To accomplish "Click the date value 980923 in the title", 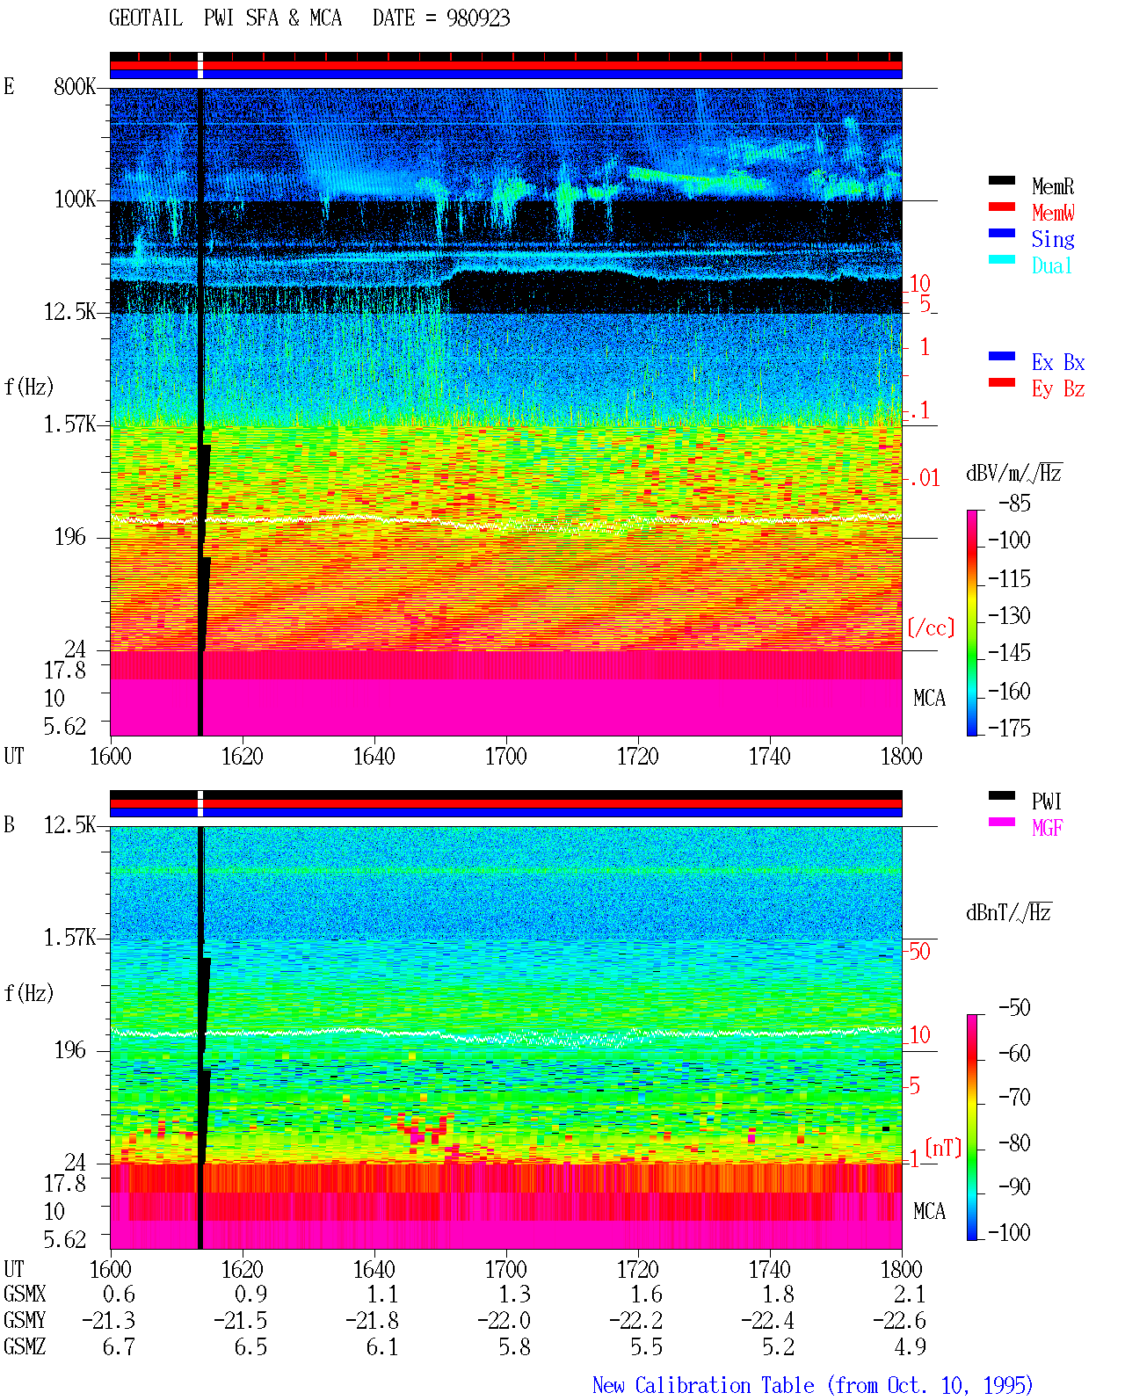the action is (477, 18).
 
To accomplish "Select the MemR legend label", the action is (1053, 186).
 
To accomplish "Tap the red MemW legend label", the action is (1053, 213).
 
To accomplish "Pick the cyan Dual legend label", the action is (1052, 265).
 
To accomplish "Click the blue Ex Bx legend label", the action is (1058, 362).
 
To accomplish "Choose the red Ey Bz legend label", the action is (1058, 389).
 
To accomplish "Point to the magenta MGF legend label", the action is (1047, 828).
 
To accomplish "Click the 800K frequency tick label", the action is (75, 86).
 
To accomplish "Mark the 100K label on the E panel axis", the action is (75, 199).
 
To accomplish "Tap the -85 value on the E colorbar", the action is (1015, 504).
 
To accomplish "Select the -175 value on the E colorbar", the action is (1009, 728).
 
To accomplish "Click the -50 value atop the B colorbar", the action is (1015, 1008).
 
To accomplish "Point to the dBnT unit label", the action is (1008, 912).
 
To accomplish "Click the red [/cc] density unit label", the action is (931, 627).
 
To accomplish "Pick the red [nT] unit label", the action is (943, 1148).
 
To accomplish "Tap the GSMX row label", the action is (25, 1295).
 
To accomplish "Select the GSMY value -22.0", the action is (504, 1321).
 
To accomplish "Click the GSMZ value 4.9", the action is (910, 1346).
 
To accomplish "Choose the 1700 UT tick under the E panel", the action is (505, 757).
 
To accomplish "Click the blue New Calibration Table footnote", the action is (812, 1386).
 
